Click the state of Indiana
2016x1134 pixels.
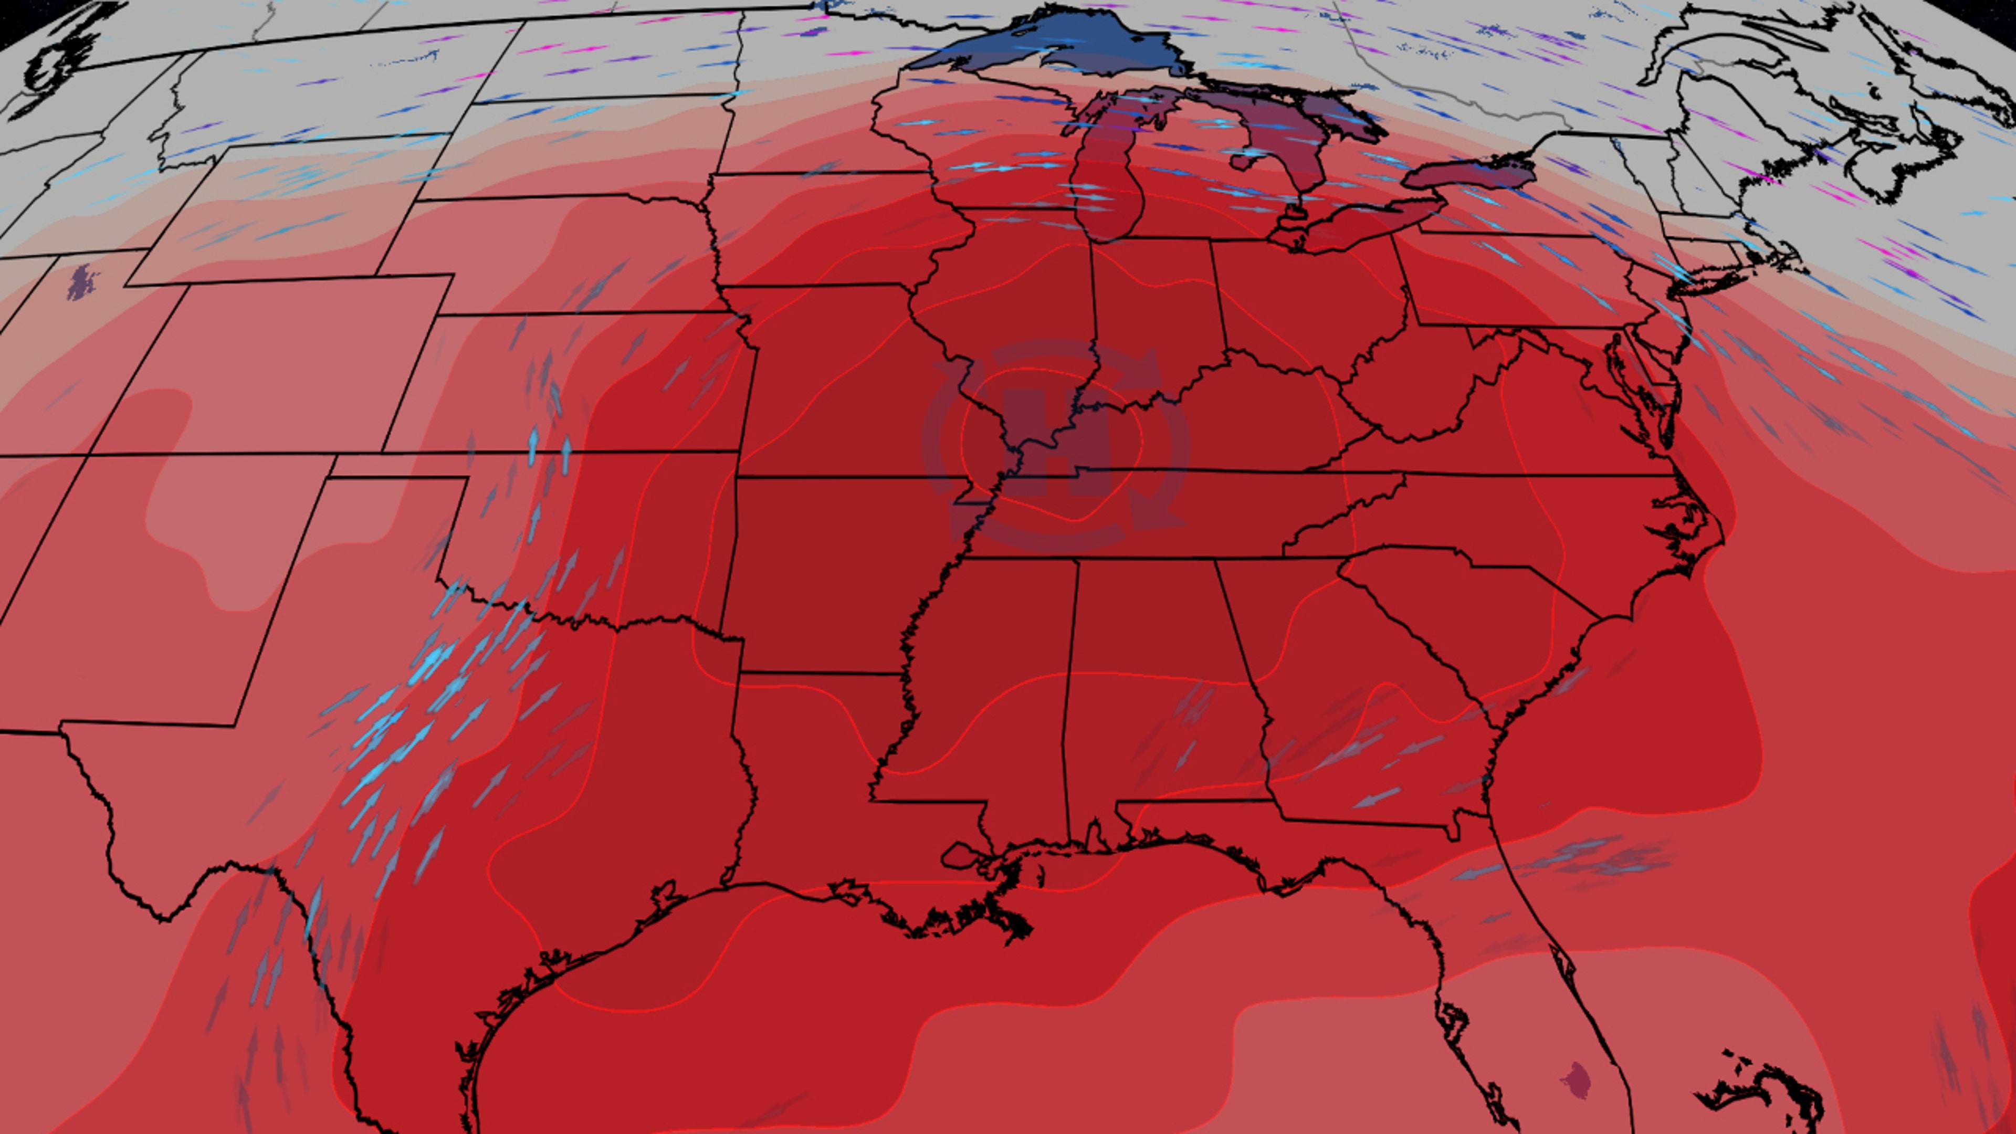pyautogui.click(x=1150, y=313)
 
